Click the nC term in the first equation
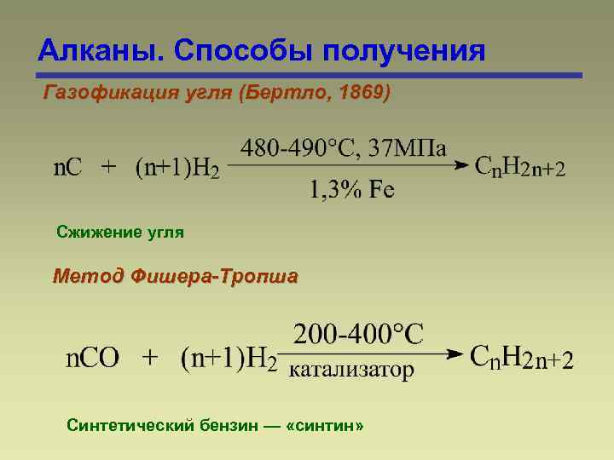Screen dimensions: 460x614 pos(68,167)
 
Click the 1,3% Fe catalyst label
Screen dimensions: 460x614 pos(351,189)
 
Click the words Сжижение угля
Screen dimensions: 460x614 pos(119,232)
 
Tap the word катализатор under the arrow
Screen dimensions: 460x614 pos(352,370)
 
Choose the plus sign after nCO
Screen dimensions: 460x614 pos(150,357)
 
